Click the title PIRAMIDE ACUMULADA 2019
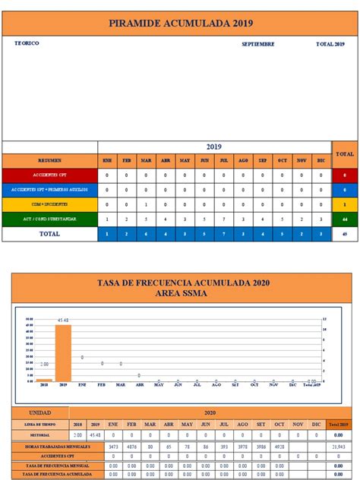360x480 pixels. (180, 25)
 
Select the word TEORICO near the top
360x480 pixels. (27, 43)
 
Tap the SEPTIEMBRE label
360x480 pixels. (258, 44)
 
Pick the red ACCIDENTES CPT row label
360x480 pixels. (49, 175)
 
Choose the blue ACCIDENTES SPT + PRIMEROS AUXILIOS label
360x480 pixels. (49, 189)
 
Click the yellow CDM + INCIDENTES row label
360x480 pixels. (49, 204)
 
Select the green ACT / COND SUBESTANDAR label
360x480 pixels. (49, 219)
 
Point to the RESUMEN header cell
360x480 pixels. (49, 161)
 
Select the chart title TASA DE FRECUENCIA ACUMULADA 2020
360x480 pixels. (180, 283)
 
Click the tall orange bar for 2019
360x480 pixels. (62, 353)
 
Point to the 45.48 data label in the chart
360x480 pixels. (62, 321)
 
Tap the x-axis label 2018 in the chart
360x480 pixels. (44, 385)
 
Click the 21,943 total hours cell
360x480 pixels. (338, 446)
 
